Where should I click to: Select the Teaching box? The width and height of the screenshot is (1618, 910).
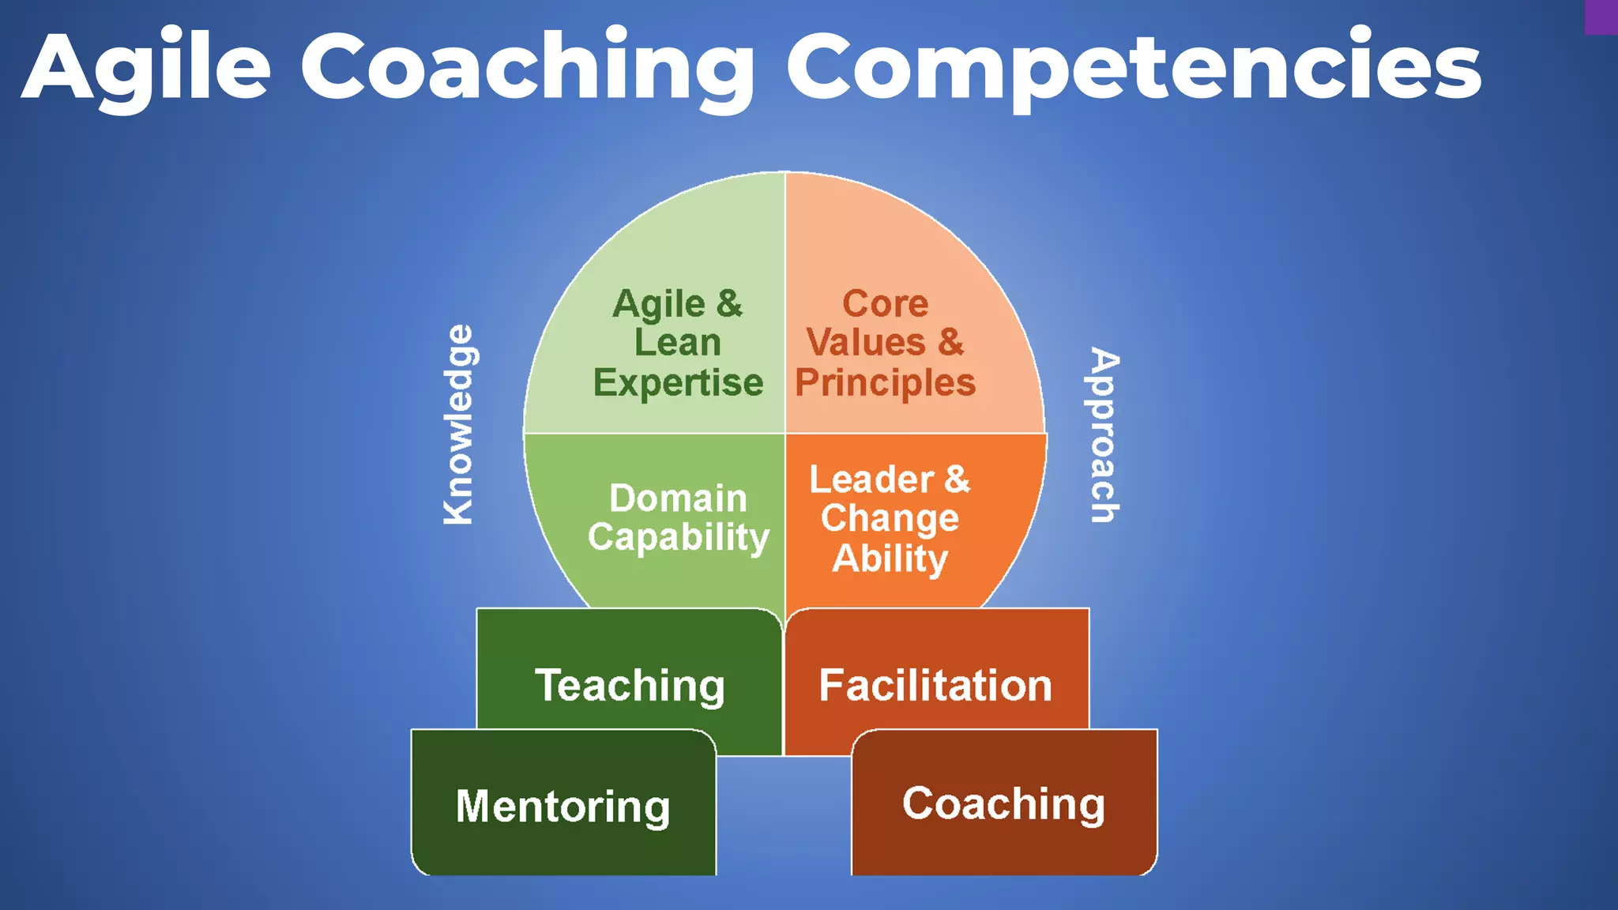(629, 684)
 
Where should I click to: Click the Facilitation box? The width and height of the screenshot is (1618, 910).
(935, 684)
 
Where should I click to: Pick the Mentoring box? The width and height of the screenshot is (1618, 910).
(563, 805)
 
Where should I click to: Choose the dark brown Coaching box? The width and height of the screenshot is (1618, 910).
(1003, 803)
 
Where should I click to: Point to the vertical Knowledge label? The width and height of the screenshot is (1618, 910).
(459, 424)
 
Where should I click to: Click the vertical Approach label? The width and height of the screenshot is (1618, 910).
(1104, 434)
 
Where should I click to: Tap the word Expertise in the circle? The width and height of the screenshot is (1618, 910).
(678, 382)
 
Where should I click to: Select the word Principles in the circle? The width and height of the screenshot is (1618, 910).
(885, 382)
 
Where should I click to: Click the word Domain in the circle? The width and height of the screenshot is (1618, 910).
(678, 498)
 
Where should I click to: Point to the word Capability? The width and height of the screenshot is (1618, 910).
(678, 537)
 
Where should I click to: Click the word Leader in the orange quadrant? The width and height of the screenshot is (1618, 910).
(871, 479)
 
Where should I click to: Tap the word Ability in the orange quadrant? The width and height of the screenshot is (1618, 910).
(890, 558)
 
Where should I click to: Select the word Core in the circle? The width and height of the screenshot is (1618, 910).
(885, 303)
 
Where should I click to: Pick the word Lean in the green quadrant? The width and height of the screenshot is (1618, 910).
(678, 343)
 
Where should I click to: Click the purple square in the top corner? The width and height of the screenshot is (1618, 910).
(1601, 17)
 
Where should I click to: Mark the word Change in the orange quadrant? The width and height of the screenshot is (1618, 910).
(890, 518)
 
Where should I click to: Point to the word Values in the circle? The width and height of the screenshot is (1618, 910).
(866, 343)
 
